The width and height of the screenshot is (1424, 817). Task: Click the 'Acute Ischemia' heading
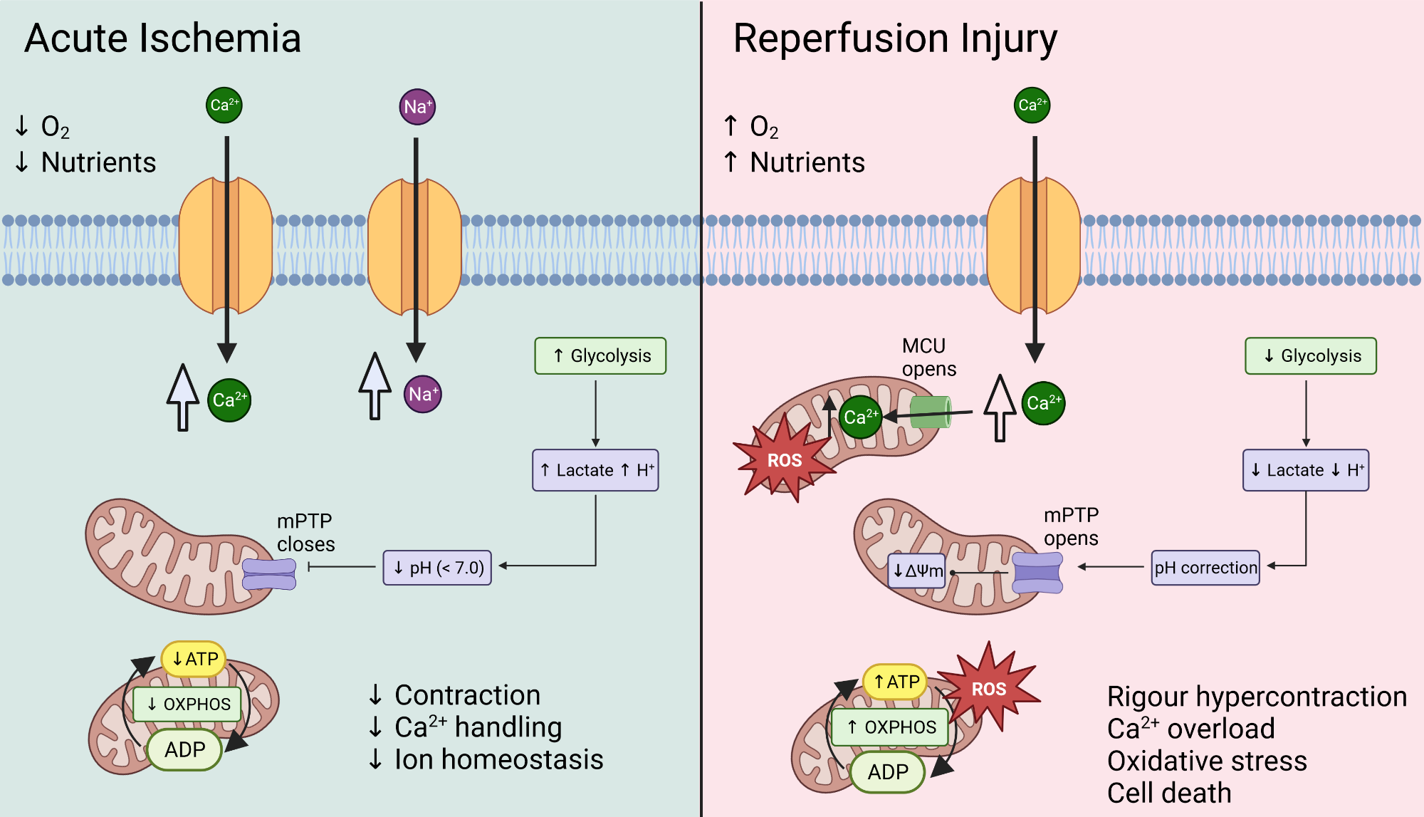click(162, 38)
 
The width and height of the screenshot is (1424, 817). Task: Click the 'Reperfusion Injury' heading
click(894, 38)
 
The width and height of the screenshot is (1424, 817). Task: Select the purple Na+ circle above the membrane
click(417, 107)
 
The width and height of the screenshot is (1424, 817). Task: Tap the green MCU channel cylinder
click(930, 412)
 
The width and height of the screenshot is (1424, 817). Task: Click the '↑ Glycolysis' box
click(600, 355)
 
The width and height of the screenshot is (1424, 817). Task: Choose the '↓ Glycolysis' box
click(1310, 355)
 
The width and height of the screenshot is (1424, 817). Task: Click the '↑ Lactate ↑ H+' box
click(595, 470)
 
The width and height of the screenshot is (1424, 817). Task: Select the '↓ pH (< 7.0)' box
click(437, 568)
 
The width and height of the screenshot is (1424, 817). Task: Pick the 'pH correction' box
click(1205, 568)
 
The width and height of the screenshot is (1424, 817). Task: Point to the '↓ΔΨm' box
click(917, 571)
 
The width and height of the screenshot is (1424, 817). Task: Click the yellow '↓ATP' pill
click(194, 659)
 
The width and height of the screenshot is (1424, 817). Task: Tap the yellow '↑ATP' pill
click(895, 682)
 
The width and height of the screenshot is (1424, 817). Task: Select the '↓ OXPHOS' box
click(187, 704)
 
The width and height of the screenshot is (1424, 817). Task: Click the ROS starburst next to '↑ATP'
click(989, 688)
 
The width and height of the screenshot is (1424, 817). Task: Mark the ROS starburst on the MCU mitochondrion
click(784, 460)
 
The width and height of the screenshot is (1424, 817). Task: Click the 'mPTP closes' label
click(305, 532)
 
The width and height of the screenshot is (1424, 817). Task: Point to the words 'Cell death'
click(1168, 793)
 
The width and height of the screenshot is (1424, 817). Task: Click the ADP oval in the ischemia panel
click(184, 749)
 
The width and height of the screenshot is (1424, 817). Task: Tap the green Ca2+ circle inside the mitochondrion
click(860, 417)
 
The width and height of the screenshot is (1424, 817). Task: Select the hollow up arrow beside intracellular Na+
click(375, 385)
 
